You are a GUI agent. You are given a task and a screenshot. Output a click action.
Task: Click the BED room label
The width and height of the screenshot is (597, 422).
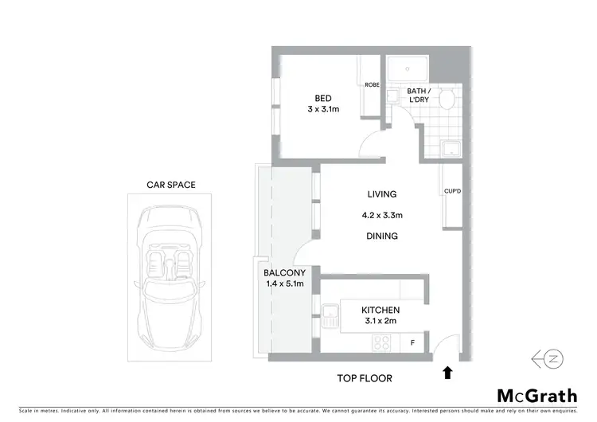click(x=322, y=99)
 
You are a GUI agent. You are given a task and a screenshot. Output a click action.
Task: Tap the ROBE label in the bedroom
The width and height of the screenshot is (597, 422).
click(x=371, y=85)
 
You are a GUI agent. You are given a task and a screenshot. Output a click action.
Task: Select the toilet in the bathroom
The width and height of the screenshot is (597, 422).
click(x=448, y=99)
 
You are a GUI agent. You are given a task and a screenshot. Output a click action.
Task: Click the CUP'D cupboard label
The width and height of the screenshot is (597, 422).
click(x=453, y=191)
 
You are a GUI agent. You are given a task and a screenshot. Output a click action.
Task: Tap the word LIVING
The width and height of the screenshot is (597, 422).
click(x=381, y=194)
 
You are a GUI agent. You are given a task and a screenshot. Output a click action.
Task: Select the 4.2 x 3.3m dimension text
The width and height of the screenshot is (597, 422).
click(x=381, y=215)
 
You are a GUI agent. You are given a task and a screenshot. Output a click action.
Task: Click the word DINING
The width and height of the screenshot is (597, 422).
click(x=381, y=236)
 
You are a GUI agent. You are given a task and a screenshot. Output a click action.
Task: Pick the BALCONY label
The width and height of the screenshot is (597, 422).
click(x=283, y=273)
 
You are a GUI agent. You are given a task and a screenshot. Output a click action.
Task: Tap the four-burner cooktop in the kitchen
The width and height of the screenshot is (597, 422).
click(x=380, y=343)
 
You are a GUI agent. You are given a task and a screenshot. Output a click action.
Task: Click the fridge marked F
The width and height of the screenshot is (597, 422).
click(x=412, y=344)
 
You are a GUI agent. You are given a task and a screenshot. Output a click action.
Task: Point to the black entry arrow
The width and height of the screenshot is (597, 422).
click(x=447, y=370)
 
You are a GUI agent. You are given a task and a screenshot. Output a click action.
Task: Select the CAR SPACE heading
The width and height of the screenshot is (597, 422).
click(x=170, y=185)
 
